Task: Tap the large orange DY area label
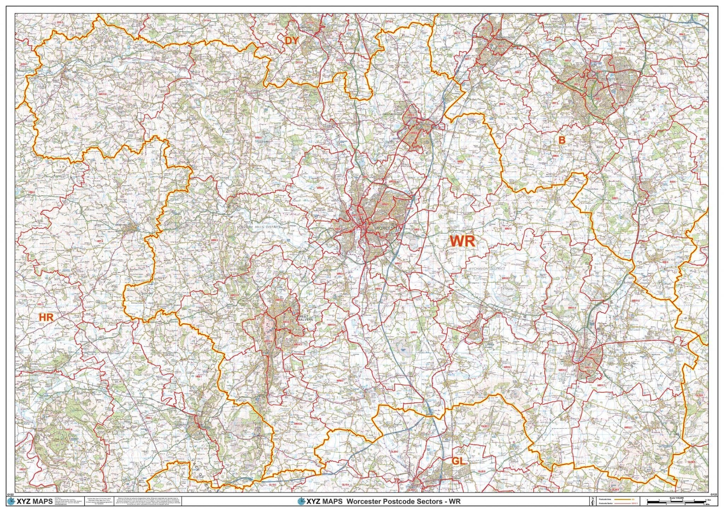292,41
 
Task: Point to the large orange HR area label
46,317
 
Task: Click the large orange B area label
561,140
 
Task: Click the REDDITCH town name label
608,80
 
